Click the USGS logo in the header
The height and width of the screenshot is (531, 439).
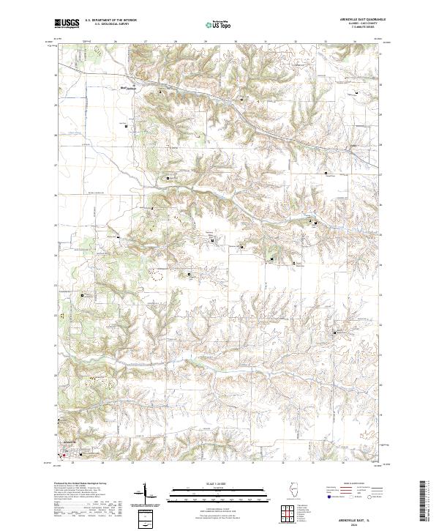click(67, 24)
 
